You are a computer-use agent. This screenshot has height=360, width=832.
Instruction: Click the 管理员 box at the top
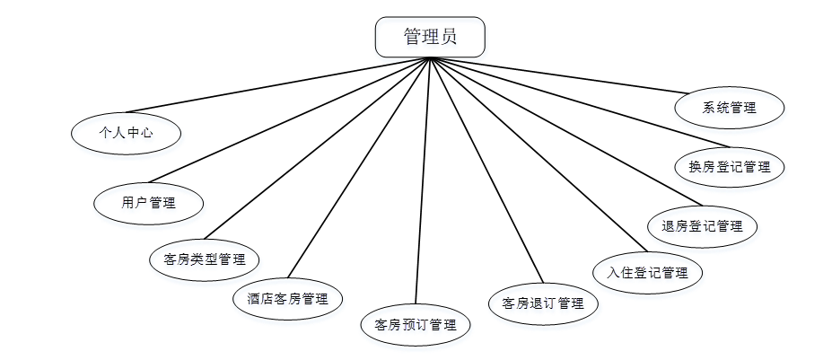tap(430, 37)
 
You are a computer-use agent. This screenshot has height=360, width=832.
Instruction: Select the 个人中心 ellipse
tap(127, 133)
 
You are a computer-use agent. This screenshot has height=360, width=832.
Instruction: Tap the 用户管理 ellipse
tap(149, 202)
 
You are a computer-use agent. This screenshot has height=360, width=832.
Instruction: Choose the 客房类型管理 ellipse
tap(205, 259)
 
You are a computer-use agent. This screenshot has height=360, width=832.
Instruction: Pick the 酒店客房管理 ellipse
tap(287, 298)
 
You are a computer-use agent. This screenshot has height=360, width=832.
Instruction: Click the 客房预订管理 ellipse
tap(416, 324)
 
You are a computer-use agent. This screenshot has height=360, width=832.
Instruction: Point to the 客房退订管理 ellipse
tap(544, 303)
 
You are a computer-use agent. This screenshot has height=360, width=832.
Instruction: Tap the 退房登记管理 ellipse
tap(703, 226)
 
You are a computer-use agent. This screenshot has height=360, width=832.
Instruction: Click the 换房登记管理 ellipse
tap(730, 167)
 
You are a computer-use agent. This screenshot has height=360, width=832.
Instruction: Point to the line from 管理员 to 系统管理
tap(556, 75)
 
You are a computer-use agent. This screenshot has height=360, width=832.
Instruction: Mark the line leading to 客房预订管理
tap(423, 180)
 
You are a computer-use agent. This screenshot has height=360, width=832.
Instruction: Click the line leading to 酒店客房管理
tap(359, 168)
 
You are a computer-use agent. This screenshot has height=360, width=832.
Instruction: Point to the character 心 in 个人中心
tap(146, 133)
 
